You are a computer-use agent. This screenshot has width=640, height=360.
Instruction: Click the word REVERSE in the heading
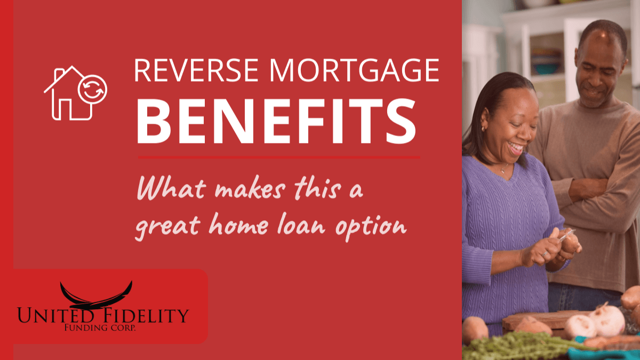[x=196, y=70]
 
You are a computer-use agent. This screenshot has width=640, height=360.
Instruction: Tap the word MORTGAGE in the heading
[x=354, y=70]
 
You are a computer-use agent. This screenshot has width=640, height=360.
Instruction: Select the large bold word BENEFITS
[x=276, y=121]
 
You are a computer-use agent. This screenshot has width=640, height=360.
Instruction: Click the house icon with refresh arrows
[x=75, y=93]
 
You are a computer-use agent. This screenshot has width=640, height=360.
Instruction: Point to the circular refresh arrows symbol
[x=93, y=90]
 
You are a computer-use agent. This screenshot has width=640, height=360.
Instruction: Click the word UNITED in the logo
[x=55, y=315]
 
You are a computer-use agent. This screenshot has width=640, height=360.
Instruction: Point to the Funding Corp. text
[x=100, y=327]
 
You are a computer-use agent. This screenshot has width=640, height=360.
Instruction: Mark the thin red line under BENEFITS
[x=279, y=157]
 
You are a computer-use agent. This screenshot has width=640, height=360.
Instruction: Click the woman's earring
[x=483, y=129]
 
